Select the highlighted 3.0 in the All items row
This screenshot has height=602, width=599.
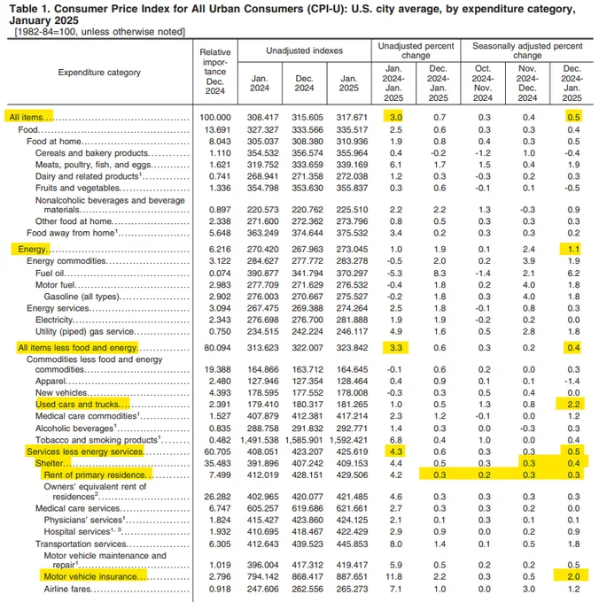(396, 117)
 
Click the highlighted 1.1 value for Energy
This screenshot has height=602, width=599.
(573, 251)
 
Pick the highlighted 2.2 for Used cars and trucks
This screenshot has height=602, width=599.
(573, 404)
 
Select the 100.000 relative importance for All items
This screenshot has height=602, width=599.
(215, 117)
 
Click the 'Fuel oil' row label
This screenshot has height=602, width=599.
(51, 274)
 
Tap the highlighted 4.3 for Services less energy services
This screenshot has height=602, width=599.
(396, 451)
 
